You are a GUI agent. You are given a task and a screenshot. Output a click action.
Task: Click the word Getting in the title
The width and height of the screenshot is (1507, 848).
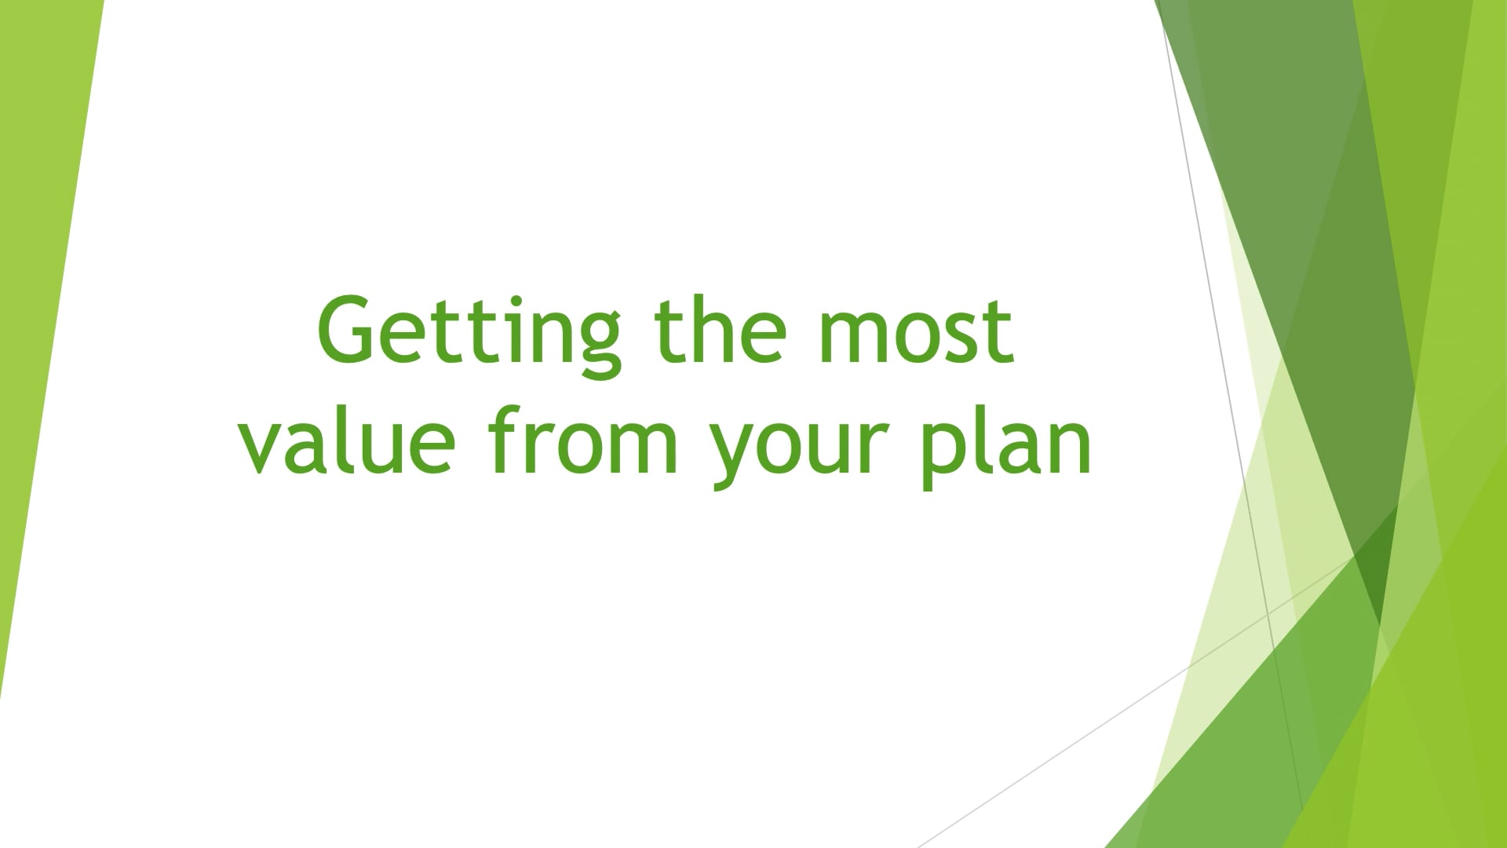[469, 333]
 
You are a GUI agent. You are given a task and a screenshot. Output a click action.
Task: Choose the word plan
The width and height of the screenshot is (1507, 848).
[1007, 447]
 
